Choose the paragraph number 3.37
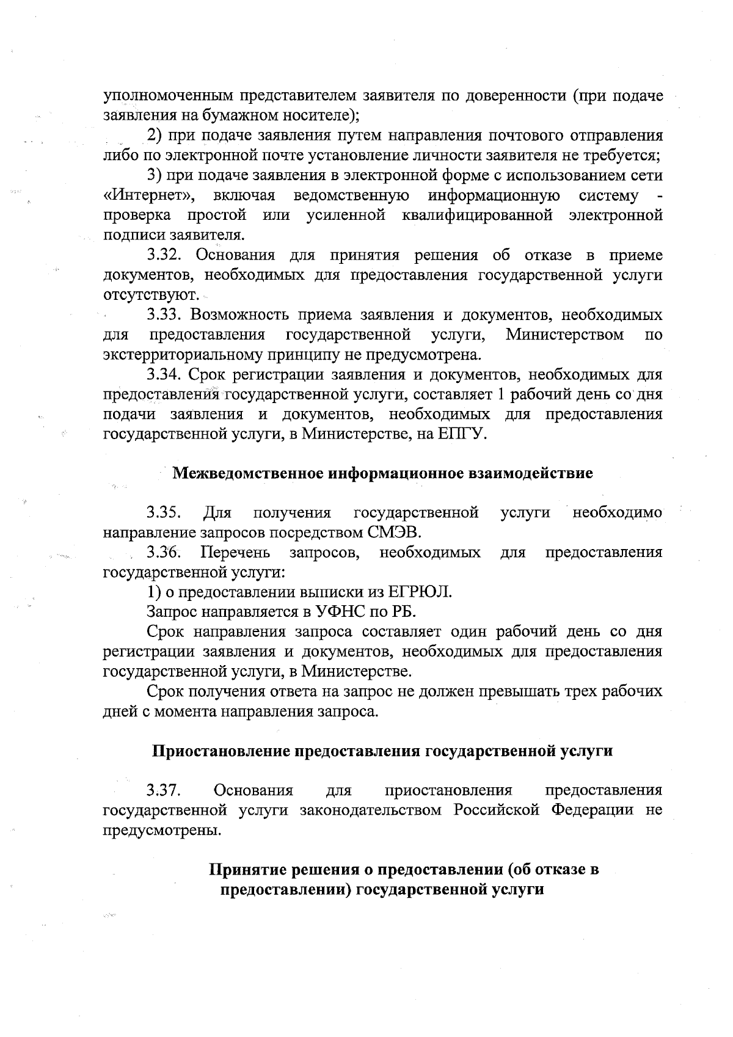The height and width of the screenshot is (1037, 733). coord(163,791)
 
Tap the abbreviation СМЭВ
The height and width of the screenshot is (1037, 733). coord(395,533)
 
